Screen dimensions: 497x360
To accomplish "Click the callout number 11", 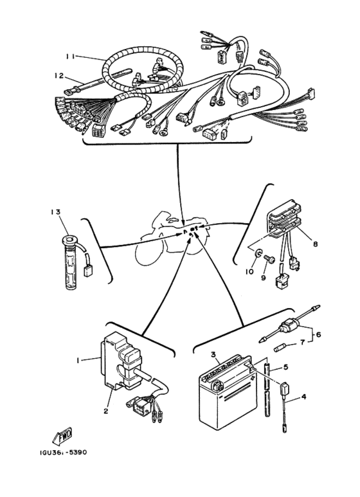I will [70, 57].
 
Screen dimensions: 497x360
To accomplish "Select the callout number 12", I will [59, 75].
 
